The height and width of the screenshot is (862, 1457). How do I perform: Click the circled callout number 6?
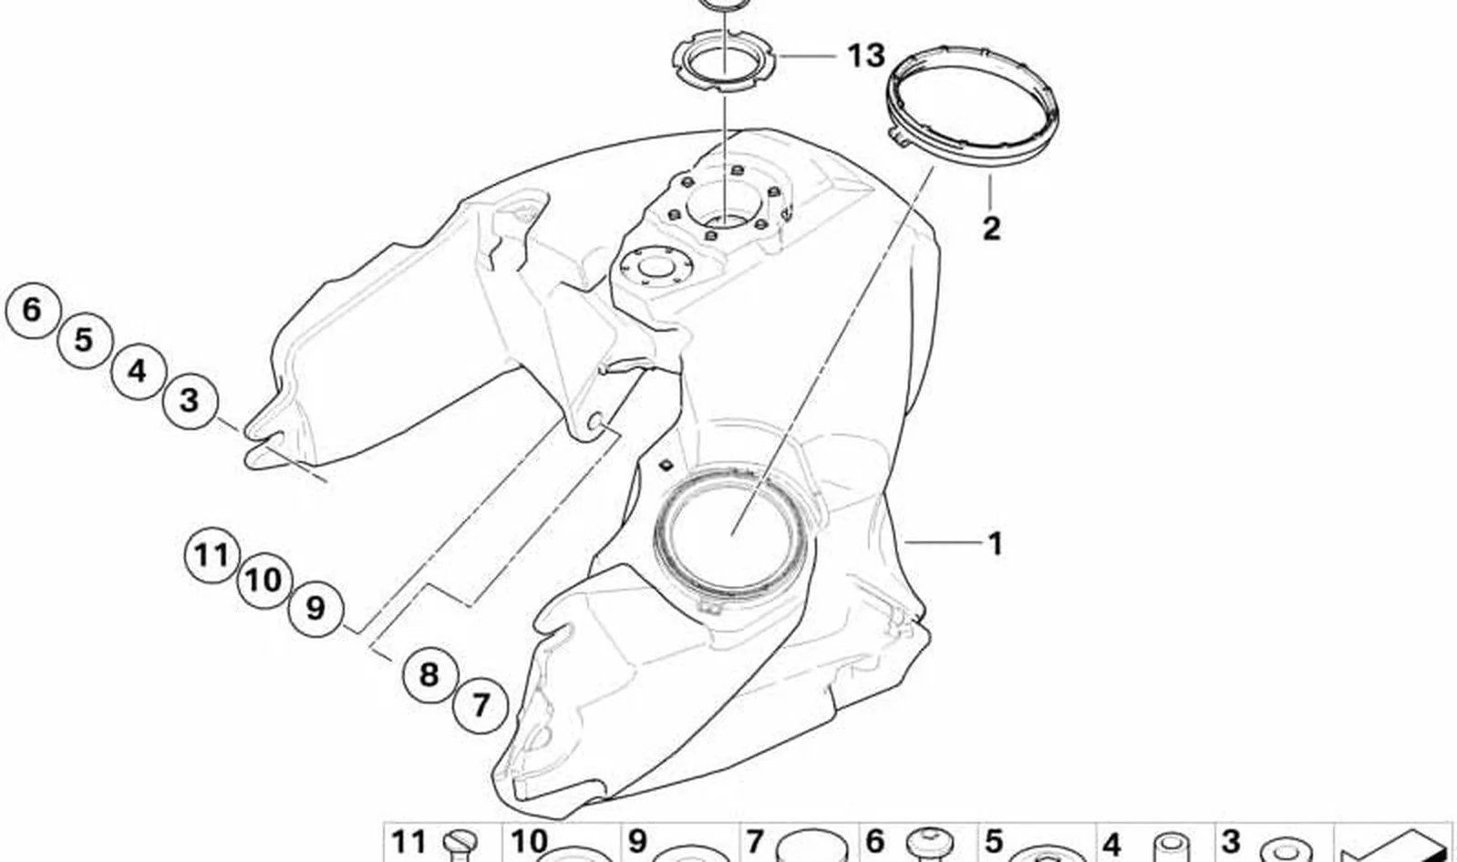[x=33, y=310]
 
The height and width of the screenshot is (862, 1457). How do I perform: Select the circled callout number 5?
[x=84, y=340]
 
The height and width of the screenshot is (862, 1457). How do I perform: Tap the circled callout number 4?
[x=138, y=371]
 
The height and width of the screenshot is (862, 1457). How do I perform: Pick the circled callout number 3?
[x=190, y=400]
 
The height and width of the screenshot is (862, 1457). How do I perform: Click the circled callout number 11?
[x=212, y=556]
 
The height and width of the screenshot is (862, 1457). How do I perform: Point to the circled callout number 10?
[x=263, y=580]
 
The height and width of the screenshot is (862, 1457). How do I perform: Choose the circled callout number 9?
[x=315, y=609]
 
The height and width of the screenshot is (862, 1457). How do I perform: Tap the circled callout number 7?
[x=480, y=705]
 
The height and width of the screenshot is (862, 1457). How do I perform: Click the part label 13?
[x=866, y=56]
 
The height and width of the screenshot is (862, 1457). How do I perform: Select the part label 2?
[x=990, y=229]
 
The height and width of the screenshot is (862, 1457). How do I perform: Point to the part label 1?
[x=995, y=544]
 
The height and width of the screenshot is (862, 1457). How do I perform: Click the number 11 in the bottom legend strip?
[x=409, y=843]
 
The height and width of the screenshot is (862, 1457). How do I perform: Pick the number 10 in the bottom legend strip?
[x=529, y=843]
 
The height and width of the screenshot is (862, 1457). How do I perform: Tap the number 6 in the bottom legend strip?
[x=875, y=843]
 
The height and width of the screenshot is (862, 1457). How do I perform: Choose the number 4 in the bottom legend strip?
[x=1111, y=846]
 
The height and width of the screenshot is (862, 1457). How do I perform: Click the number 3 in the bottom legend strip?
[x=1230, y=843]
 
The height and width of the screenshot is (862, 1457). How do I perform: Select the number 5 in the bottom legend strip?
[x=993, y=843]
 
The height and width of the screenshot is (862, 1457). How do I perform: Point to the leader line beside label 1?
[x=943, y=541]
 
